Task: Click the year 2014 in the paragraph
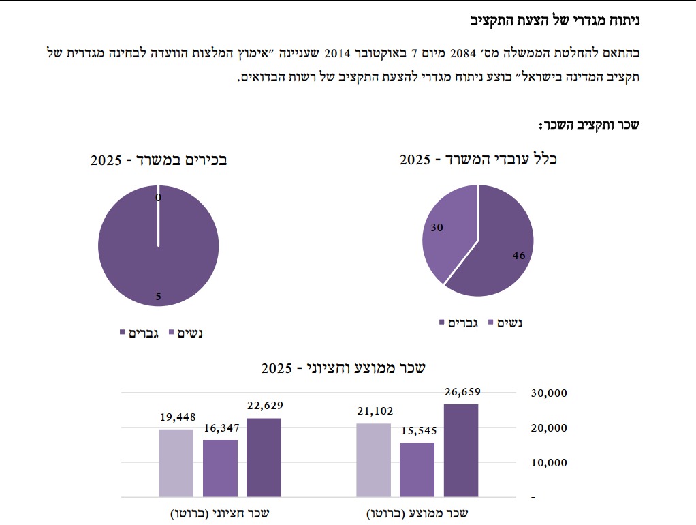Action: pos(340,52)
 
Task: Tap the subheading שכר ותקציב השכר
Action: pos(589,125)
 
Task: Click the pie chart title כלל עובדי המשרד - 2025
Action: pos(478,160)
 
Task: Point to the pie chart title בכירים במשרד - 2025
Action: pos(159,160)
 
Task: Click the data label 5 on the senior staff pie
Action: pos(158,297)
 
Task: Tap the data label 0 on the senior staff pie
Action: pos(158,198)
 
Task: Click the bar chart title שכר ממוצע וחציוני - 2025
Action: pos(343,368)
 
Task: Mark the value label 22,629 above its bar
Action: pos(264,406)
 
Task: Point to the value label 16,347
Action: pos(220,428)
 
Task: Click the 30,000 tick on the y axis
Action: pos(548,393)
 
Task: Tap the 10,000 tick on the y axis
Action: pos(548,462)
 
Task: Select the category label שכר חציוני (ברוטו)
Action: pos(220,513)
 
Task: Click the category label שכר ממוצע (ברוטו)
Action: pos(417,513)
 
